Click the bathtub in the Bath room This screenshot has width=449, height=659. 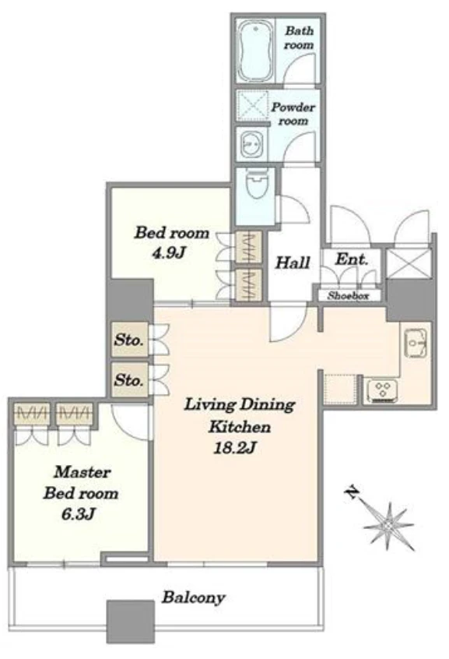point(254,51)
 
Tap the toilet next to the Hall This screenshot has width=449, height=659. point(257,184)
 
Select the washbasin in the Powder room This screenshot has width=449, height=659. point(251,145)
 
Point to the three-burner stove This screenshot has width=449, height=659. point(382,391)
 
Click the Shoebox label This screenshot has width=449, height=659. point(348,295)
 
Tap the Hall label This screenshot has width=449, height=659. point(293,263)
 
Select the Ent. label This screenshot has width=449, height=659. point(352,259)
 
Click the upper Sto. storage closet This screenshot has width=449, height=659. point(130,340)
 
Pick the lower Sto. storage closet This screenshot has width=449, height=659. point(130,380)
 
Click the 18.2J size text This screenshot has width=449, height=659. point(235,449)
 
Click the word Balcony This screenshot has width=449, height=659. point(194,597)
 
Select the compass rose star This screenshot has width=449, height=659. point(388,525)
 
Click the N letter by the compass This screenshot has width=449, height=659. point(352,492)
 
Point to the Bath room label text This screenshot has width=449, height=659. point(299,38)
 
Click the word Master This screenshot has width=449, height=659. point(82,472)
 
